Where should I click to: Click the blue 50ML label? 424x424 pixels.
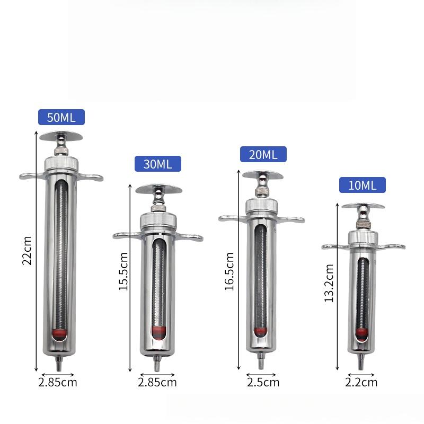point(61,117)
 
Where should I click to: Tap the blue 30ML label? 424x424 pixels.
point(157,164)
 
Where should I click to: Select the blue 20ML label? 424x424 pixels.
point(263,154)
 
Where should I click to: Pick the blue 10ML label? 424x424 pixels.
point(363,185)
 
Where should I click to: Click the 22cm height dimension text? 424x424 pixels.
point(27,250)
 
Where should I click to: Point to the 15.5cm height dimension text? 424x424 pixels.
point(123,271)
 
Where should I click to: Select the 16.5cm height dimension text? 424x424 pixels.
point(229,271)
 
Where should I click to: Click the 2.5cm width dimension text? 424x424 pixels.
point(263,382)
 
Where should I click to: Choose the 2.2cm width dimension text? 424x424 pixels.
point(361,382)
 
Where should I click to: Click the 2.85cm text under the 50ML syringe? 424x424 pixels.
point(58,382)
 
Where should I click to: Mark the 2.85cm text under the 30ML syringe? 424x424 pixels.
point(157,382)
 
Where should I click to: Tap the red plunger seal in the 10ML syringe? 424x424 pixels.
point(362,334)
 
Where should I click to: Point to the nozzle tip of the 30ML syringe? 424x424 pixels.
point(157,366)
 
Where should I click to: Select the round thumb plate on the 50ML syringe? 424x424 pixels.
point(61,136)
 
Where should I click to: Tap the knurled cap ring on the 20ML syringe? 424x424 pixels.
point(261,205)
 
